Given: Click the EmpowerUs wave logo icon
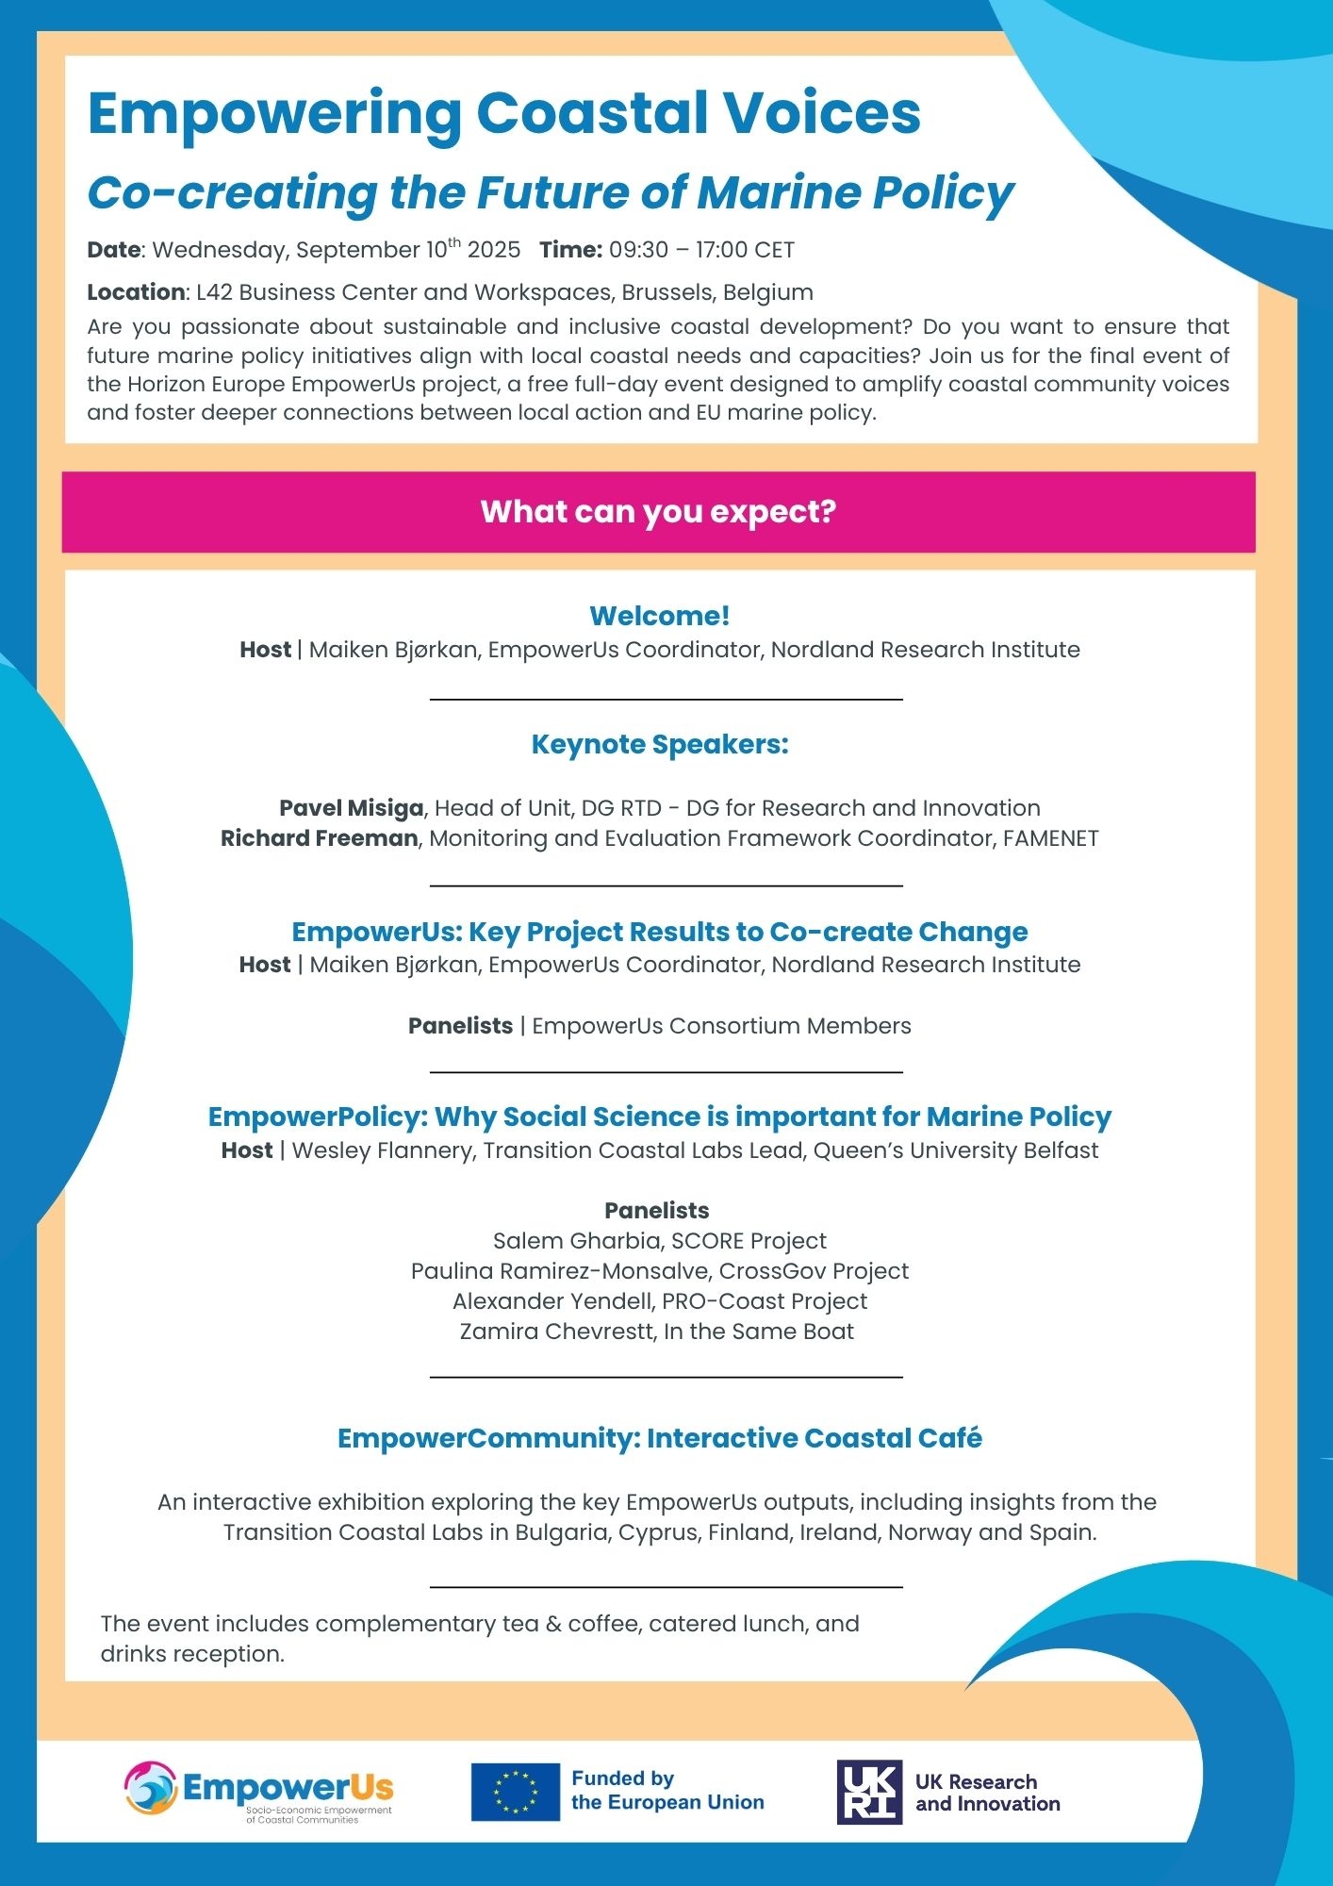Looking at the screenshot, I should [151, 1788].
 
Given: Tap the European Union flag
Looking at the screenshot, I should [515, 1792].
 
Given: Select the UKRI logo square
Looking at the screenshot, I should [869, 1792].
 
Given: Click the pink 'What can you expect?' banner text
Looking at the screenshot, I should [658, 512].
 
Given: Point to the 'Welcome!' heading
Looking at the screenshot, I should [659, 616].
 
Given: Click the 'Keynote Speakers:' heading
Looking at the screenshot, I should [659, 744].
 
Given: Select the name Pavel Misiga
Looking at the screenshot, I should [351, 808].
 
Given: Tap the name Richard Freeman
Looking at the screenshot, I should [319, 838].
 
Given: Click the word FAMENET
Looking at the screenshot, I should [1050, 838].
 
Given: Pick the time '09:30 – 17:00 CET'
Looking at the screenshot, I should [701, 250].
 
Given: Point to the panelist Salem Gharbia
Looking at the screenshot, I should [575, 1241].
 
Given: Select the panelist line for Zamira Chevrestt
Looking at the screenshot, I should [657, 1332].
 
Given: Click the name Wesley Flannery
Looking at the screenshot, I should [380, 1150].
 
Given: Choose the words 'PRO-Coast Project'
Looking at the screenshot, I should [764, 1301].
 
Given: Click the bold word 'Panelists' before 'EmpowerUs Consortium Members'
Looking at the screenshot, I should [460, 1026].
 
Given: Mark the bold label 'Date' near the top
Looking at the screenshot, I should [113, 250].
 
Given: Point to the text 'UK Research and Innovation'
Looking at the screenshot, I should [987, 1793].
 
